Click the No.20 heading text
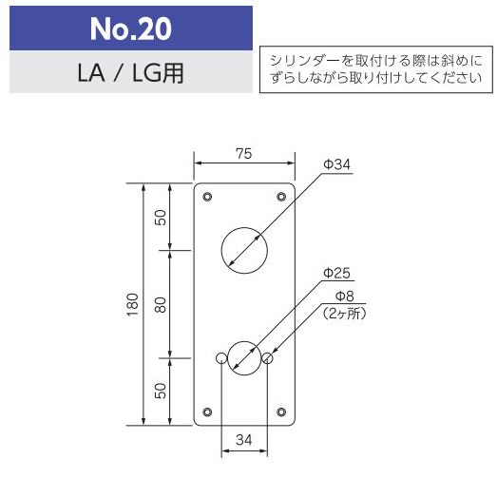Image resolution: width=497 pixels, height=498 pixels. (131, 29)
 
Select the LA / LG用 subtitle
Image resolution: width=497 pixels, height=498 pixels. (131, 73)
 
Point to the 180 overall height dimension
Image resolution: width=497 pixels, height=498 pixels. (133, 304)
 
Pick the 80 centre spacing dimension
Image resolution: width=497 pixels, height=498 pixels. (161, 304)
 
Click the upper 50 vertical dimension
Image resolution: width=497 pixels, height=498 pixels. (161, 217)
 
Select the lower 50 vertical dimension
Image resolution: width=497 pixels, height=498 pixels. (161, 390)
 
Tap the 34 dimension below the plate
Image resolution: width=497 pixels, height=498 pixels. (244, 439)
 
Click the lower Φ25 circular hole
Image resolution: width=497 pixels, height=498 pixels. (244, 358)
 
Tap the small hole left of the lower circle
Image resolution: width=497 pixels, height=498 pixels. (221, 358)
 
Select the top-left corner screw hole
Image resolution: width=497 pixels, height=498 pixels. (208, 197)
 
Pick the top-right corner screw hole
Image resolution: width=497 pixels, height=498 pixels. (281, 197)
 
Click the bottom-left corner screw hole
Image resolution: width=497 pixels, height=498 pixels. (208, 412)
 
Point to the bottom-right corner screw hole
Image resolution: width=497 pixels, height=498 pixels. (281, 412)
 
